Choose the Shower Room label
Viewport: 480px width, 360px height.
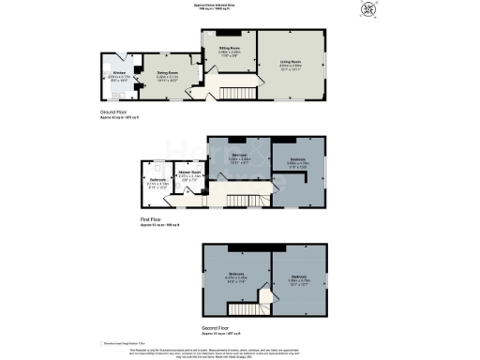pos(190,173)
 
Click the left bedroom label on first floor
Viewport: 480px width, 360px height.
pos(239,157)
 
